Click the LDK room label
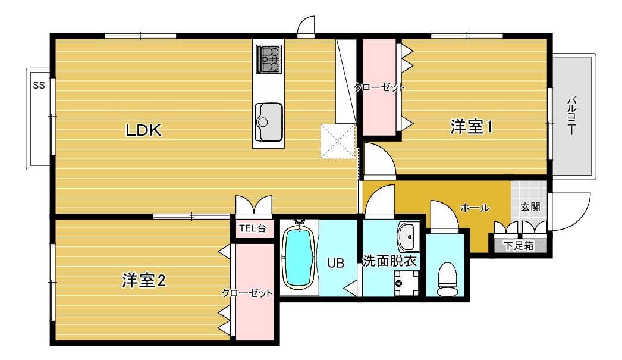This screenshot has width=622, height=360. coord(143,130)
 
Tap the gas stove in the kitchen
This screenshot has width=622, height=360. coord(269,59)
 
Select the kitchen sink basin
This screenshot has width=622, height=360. coord(269,122)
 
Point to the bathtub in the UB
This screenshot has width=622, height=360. coord(299,257)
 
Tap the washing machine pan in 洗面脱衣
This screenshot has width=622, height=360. coord(407,283)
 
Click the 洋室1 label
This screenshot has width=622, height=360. coord(472,127)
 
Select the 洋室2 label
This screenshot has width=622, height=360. coord(143,281)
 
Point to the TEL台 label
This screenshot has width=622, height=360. coord(252,228)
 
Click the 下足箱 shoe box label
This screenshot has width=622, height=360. coord(519,246)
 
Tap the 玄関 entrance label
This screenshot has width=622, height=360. coord(530,207)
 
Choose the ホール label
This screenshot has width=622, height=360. coord(475,208)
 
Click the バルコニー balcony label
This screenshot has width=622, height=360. coord(571,115)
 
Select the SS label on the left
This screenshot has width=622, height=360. coord(39,85)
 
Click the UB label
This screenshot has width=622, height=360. coord(335,263)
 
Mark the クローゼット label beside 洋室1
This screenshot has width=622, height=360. coord(379,87)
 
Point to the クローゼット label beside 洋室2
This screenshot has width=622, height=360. coord(247,293)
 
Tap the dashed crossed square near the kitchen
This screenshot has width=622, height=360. coord(338,141)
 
